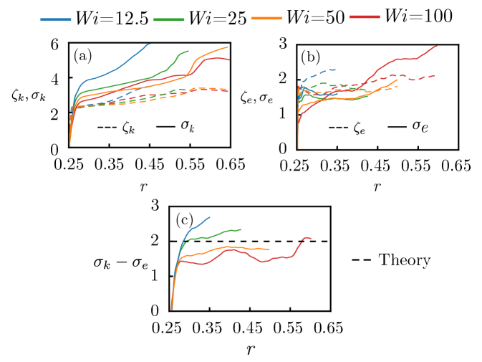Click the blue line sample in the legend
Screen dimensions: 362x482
point(56,20)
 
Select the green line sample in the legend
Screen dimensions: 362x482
point(169,20)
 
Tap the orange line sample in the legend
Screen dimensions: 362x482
point(266,18)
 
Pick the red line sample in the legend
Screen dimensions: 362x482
point(365,16)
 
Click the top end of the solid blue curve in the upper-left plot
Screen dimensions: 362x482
point(150,44)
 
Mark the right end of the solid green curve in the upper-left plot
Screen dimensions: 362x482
point(188,51)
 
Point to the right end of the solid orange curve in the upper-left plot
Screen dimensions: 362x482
point(228,47)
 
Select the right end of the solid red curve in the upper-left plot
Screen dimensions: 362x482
point(229,60)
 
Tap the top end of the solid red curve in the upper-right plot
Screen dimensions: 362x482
point(437,46)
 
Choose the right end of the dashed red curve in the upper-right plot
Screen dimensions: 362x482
point(435,75)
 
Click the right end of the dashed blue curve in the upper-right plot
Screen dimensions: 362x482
point(335,70)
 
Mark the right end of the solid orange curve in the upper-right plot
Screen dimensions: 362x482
point(397,80)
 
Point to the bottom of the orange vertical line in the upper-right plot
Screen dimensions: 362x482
point(298,148)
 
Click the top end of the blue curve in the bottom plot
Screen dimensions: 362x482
point(210,217)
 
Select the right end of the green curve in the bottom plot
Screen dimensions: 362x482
point(241,230)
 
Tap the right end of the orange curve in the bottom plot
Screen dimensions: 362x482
point(269,249)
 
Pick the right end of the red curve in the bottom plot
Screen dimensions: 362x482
point(312,238)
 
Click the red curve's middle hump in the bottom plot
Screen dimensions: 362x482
point(232,249)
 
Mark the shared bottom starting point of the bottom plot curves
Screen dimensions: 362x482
point(172,310)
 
